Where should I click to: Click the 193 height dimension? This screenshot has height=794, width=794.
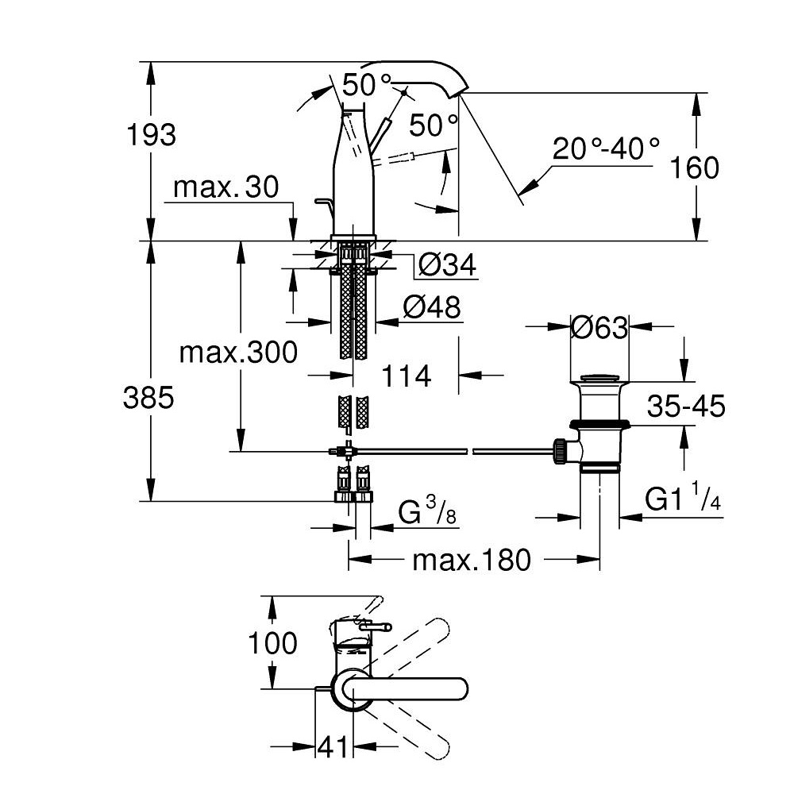[151, 135]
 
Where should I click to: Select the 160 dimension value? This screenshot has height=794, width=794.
[694, 168]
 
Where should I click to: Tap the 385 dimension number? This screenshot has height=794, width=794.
[148, 398]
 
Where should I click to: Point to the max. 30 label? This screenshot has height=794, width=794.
[225, 187]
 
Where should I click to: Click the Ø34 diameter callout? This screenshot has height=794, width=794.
[448, 265]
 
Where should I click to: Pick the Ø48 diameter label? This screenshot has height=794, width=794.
[432, 306]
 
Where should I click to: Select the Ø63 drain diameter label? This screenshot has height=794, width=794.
[599, 328]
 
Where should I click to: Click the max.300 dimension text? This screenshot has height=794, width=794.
[238, 352]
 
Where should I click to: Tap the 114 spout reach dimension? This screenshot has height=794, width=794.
[406, 376]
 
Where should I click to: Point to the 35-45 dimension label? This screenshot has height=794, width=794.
[686, 406]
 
